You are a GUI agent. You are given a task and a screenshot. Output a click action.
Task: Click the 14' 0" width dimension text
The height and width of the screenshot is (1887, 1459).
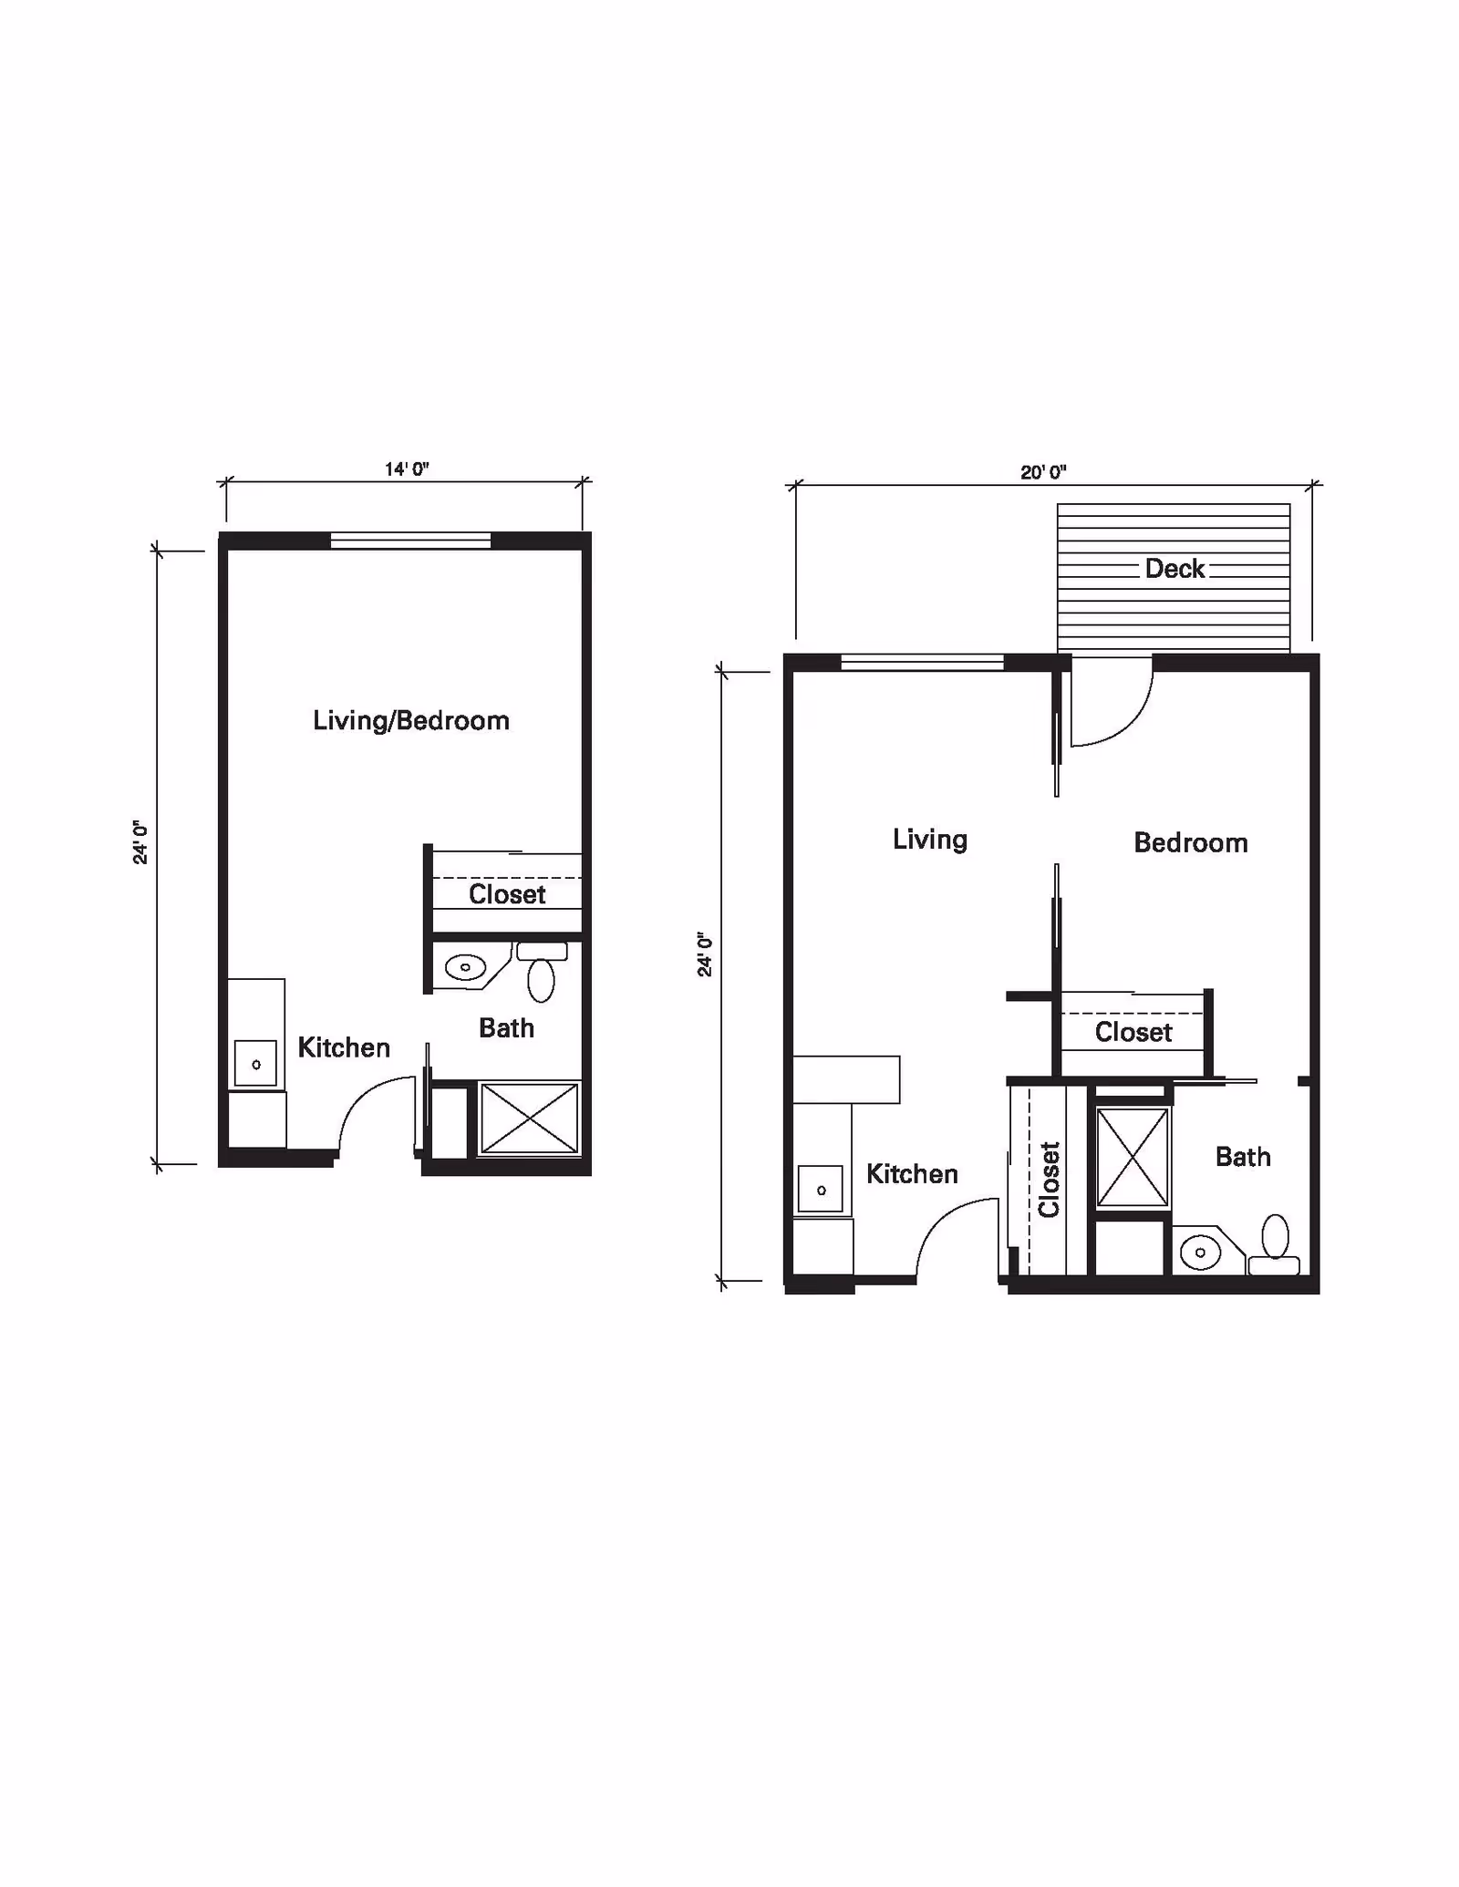tap(407, 469)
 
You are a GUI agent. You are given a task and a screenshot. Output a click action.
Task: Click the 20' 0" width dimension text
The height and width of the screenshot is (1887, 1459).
tap(1043, 472)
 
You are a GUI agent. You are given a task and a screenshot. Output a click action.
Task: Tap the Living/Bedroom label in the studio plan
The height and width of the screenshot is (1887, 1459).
tap(410, 721)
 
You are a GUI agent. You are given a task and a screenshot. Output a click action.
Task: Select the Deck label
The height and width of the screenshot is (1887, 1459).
tap(1174, 569)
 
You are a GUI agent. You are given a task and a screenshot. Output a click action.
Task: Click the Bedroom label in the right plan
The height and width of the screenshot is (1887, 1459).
tap(1190, 842)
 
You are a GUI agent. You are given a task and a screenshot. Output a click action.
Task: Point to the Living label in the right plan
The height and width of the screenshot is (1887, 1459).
tap(929, 839)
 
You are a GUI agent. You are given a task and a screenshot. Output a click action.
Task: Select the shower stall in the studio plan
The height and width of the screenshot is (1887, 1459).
tap(529, 1118)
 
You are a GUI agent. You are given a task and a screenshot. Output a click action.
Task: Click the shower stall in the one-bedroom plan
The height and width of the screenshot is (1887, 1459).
tap(1132, 1157)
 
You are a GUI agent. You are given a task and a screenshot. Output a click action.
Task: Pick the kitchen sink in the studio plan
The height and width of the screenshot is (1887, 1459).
tap(255, 1064)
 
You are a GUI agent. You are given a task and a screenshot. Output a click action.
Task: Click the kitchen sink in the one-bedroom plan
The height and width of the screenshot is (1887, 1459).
tap(821, 1190)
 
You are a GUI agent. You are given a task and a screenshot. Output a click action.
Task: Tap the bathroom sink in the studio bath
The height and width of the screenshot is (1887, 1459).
tap(466, 966)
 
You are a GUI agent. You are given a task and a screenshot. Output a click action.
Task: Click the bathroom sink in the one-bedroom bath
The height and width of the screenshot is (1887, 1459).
tap(1200, 1253)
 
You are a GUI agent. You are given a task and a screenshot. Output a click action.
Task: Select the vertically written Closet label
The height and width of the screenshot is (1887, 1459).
tap(1049, 1180)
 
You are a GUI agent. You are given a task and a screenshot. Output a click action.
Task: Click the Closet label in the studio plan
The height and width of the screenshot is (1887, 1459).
tap(507, 894)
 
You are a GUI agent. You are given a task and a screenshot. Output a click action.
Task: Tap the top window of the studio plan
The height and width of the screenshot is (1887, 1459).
tap(410, 541)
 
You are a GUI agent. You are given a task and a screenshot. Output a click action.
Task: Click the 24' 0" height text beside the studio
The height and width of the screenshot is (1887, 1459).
tap(140, 842)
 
